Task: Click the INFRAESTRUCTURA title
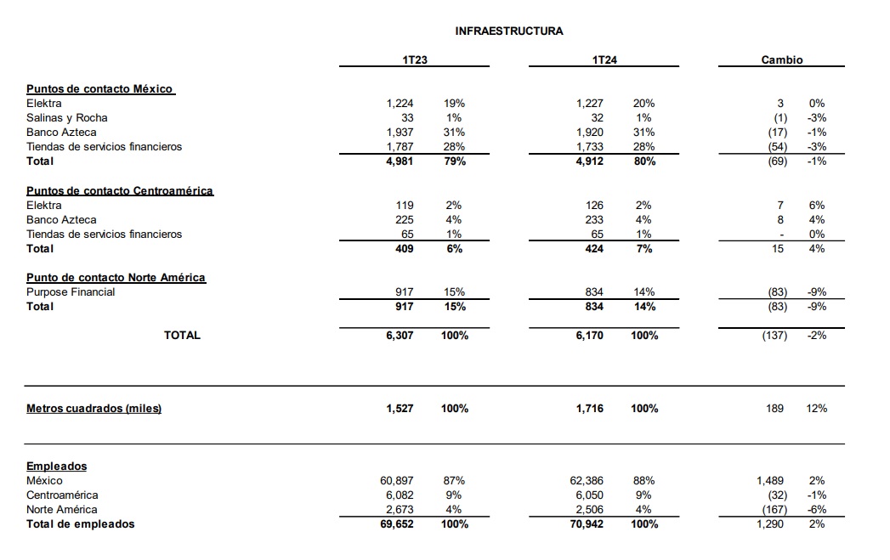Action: click(508, 31)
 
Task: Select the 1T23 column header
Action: click(415, 60)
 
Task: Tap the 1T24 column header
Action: click(604, 60)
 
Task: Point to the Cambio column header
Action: click(781, 60)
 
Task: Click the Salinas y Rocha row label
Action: click(67, 117)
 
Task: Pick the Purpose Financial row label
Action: click(71, 291)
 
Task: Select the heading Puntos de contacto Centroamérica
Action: click(120, 190)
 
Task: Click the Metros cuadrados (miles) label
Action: click(94, 409)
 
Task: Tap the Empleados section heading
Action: click(56, 467)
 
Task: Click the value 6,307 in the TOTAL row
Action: click(399, 336)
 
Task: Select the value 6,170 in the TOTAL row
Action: click(589, 336)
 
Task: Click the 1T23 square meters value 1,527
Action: click(399, 409)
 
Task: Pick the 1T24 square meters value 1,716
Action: click(589, 409)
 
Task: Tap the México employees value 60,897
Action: click(396, 481)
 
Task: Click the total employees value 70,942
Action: click(586, 524)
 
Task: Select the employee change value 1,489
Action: click(770, 481)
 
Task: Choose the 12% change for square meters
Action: click(816, 409)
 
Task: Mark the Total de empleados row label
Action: click(80, 524)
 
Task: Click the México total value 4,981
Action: click(399, 161)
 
